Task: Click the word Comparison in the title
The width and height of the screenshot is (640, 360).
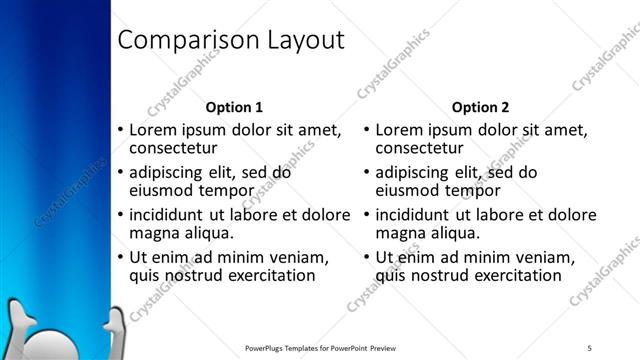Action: point(176,41)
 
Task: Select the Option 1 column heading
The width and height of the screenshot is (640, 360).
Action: point(234,107)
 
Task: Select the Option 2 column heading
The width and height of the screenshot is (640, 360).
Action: point(480,107)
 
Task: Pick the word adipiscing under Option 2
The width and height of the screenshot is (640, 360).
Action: point(418,172)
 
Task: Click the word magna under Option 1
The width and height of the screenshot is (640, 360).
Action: point(154,233)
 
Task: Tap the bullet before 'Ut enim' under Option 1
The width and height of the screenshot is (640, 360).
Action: point(121,258)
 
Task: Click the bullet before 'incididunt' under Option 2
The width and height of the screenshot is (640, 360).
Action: point(366,215)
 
